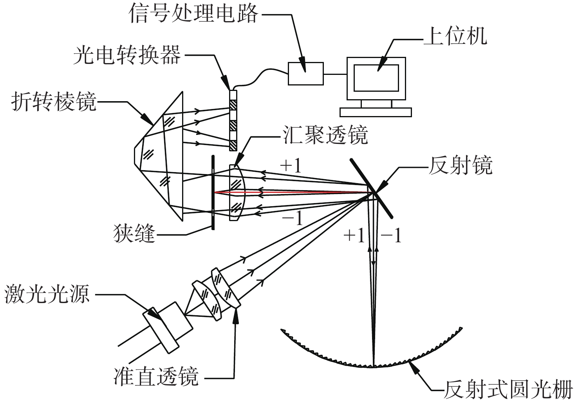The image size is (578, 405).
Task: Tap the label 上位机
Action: [455, 37]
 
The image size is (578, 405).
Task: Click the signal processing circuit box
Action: [306, 73]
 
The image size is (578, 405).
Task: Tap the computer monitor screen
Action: [376, 78]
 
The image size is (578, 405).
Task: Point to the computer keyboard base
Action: [376, 112]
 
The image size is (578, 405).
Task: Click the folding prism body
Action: [161, 157]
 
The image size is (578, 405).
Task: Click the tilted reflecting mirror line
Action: [372, 188]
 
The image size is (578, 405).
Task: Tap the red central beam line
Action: [294, 192]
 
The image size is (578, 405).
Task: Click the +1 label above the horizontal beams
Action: [291, 166]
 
